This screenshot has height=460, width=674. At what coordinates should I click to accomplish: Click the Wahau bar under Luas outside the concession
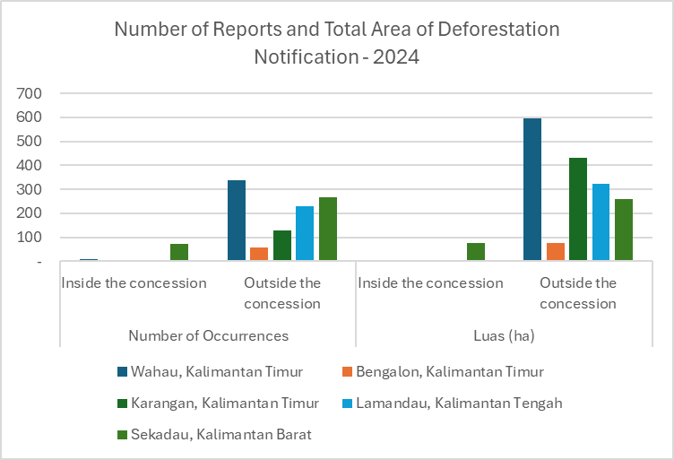tap(532, 189)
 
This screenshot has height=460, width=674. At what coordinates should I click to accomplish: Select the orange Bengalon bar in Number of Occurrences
tap(259, 254)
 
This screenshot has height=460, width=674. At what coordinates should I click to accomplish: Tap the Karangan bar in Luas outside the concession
tap(578, 209)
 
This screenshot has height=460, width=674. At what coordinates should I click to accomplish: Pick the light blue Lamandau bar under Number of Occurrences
tap(305, 233)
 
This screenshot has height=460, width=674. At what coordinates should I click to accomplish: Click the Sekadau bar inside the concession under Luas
tap(476, 251)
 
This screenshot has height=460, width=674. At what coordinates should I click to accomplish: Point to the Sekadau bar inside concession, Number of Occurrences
tap(179, 252)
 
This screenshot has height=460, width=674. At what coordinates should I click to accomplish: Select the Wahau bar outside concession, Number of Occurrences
tap(237, 220)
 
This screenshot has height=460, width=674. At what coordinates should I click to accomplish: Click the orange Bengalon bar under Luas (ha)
tap(556, 251)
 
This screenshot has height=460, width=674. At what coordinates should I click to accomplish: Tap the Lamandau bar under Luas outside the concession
tap(601, 221)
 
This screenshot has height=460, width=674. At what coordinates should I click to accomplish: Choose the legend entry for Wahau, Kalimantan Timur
tap(211, 371)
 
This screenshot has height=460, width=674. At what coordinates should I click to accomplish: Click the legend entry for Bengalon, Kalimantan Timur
tap(443, 371)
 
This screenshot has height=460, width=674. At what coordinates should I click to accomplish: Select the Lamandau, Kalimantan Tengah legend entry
tap(453, 404)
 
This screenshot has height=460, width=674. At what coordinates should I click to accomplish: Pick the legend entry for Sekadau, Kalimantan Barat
tap(214, 435)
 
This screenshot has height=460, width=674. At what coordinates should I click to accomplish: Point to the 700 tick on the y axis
tap(30, 93)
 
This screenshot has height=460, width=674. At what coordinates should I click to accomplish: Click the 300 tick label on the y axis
tap(30, 189)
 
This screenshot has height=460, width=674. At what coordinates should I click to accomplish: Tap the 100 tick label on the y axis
tap(30, 238)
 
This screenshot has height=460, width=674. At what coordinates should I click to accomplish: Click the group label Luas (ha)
tap(505, 335)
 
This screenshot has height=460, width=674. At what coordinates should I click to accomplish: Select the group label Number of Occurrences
tap(209, 335)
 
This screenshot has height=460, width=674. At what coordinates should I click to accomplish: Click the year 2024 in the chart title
tap(396, 56)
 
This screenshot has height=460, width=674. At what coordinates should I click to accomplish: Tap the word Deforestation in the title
tap(498, 30)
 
